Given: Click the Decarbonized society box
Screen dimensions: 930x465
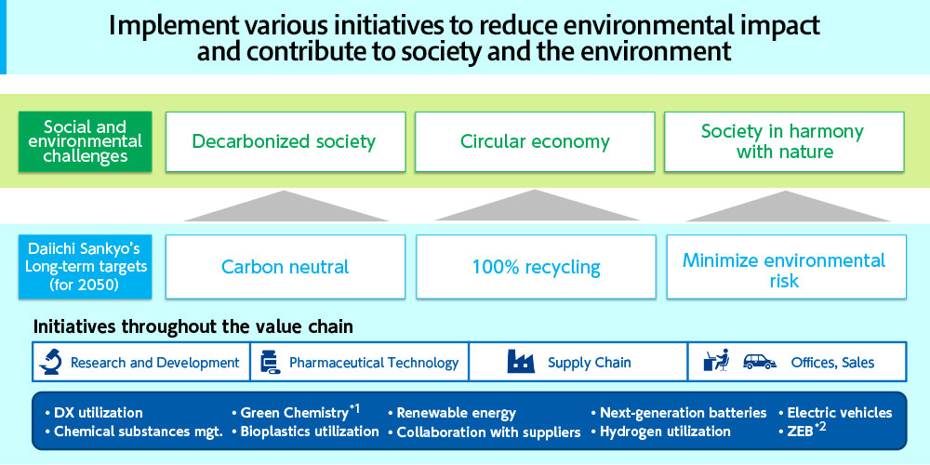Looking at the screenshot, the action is pos(286,141).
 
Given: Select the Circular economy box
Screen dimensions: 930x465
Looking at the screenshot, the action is pos(535,141).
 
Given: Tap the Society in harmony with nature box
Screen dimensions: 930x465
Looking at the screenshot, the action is pos(784,141).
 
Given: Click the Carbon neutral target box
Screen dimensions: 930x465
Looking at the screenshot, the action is pos(286,267).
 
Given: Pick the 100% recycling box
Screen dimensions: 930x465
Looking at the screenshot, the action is pos(537,267).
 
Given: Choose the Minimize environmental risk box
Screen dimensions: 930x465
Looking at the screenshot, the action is pos(787,267).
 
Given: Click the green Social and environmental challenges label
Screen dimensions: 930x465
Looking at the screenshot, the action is pos(86,141).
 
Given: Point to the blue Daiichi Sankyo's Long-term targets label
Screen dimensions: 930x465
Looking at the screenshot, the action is pos(86,267).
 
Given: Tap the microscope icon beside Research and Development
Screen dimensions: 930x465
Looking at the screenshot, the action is pos(50,362).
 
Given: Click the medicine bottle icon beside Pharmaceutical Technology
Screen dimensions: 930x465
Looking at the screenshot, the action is pos(270,362).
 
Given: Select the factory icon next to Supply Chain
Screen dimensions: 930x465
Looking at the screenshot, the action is pos(521,361).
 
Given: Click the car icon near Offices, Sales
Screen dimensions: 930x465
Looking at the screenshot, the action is pos(760,361).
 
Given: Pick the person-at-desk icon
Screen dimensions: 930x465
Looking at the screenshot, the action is pos(716,361).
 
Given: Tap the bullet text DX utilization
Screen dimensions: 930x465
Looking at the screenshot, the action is pos(94,413).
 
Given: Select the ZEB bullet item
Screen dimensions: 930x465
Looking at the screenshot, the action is pos(801,430).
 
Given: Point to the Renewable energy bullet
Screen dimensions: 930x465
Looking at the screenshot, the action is pos(452,413).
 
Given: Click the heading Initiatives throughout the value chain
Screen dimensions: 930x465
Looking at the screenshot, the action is pos(193,326).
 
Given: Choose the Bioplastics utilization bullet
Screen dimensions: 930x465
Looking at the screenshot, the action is pos(305,432).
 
